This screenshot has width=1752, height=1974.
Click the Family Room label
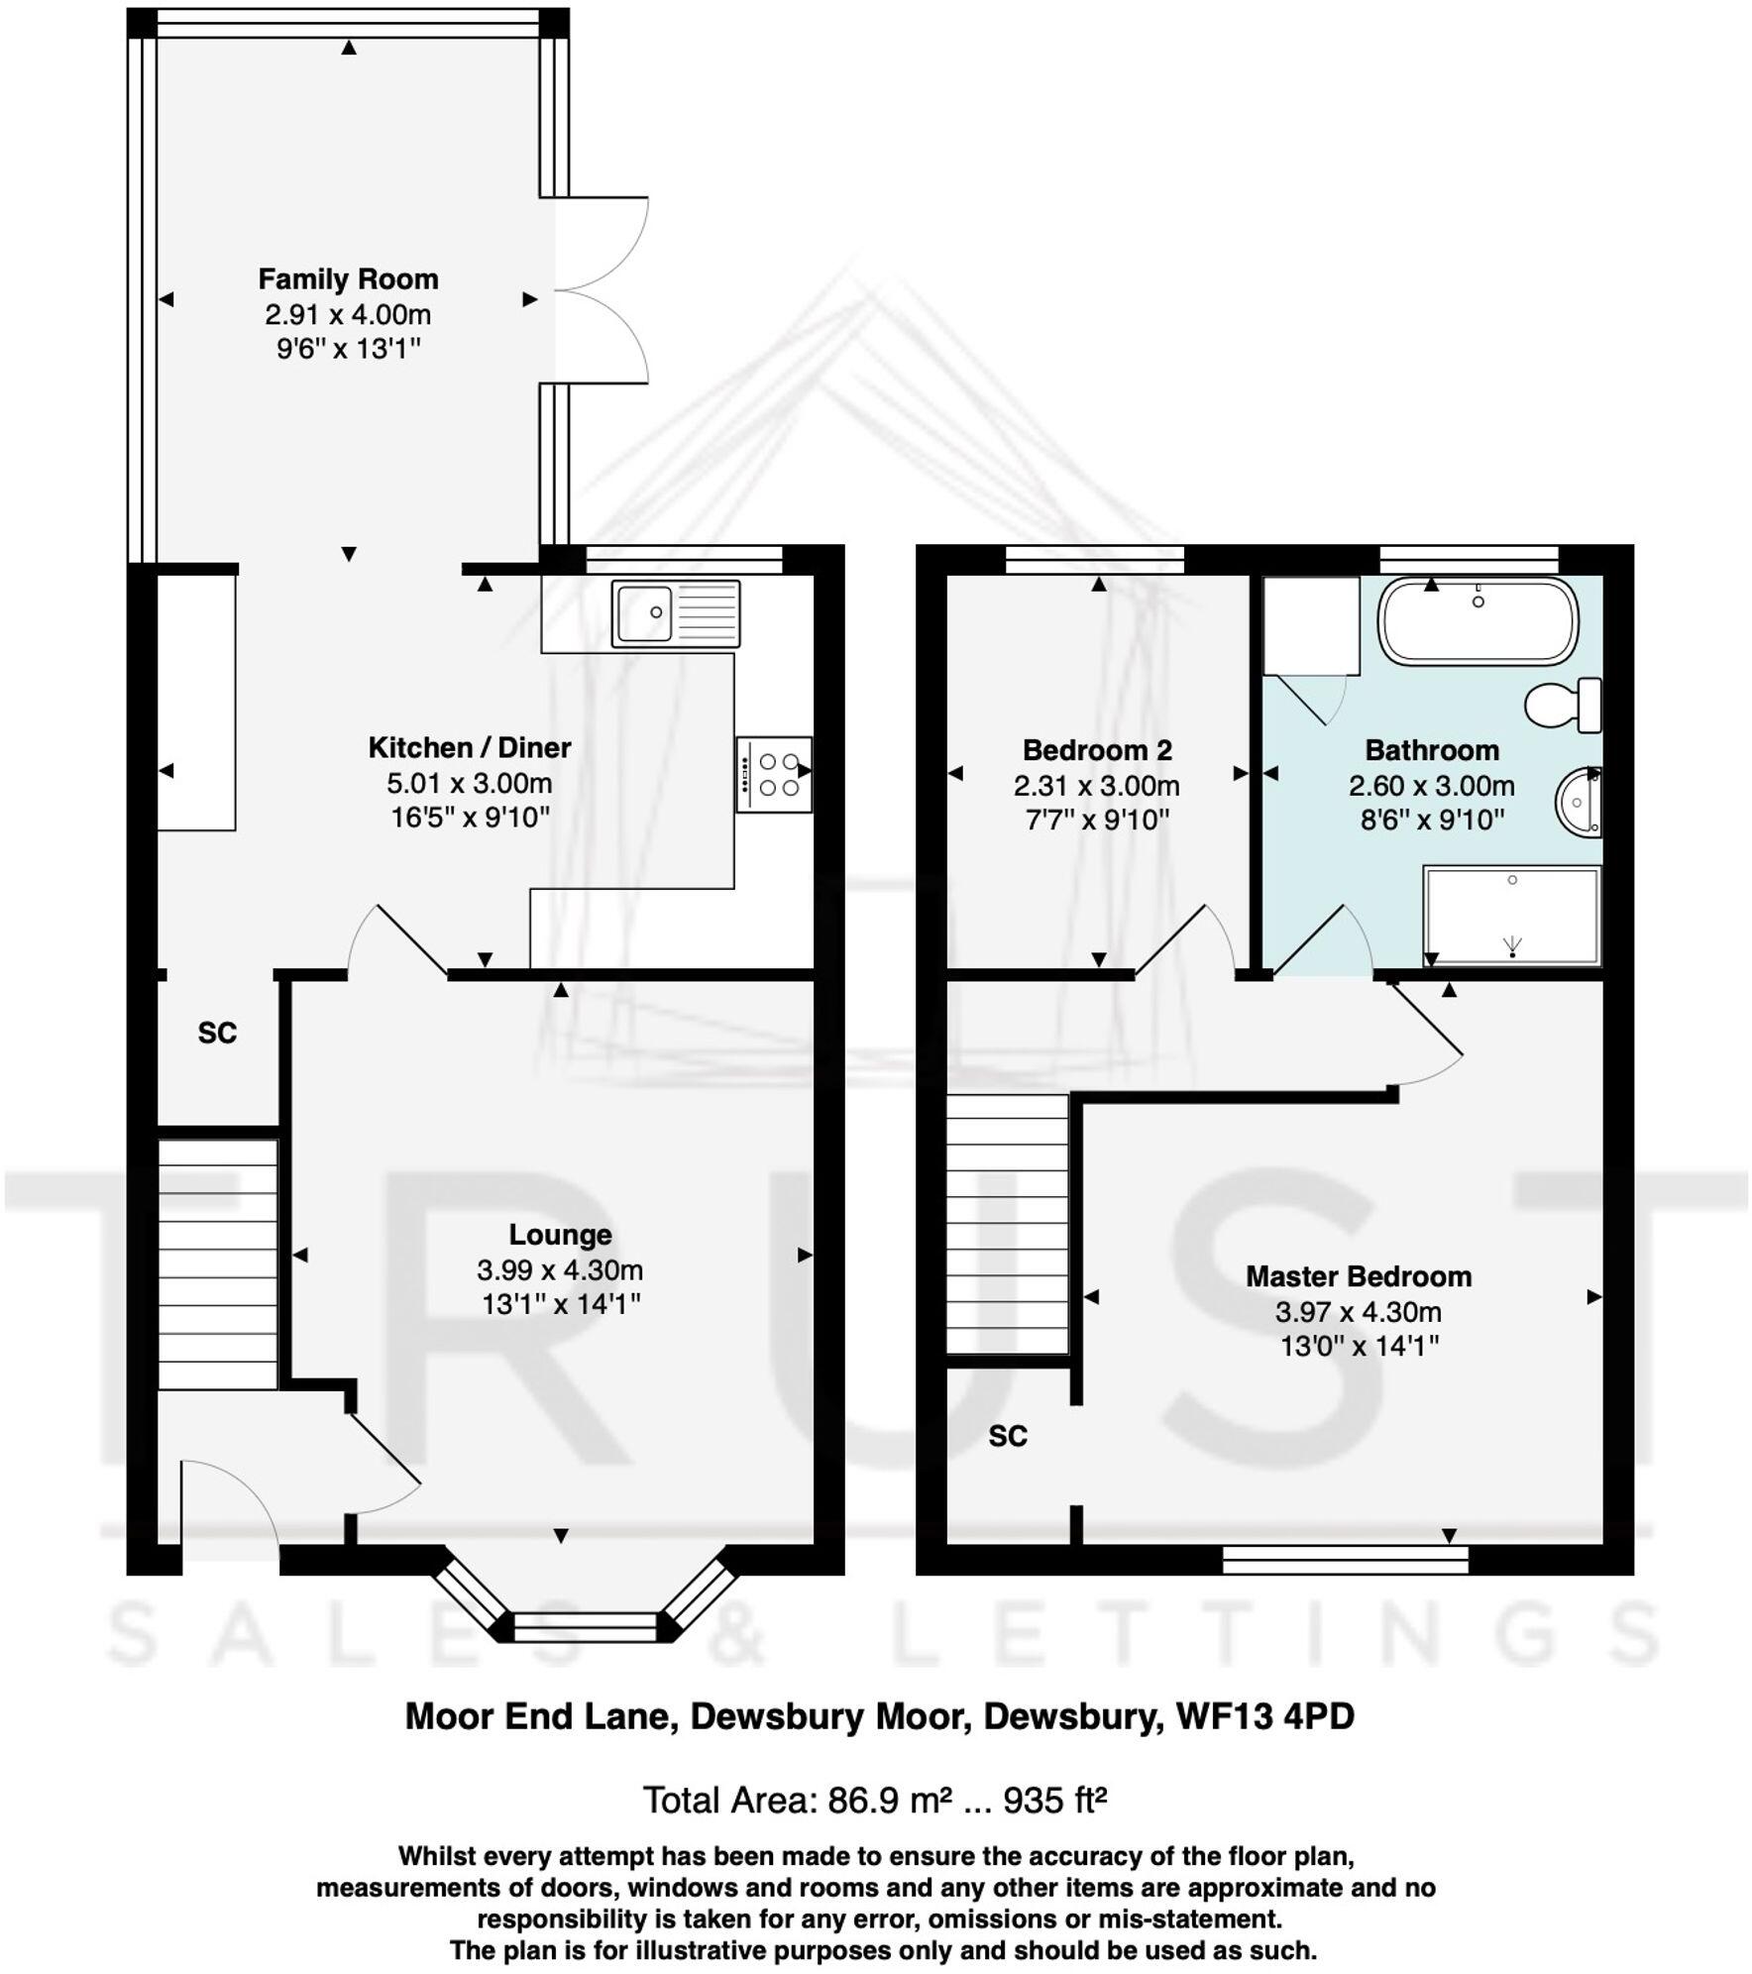coord(348,279)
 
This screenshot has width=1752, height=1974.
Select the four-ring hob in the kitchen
coord(774,775)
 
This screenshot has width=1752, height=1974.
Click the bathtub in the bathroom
coord(1478,621)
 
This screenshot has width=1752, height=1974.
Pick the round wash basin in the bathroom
coord(1578,801)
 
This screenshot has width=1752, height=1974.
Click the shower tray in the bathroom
coord(1511,916)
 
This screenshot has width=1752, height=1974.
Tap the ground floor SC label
coord(217,1034)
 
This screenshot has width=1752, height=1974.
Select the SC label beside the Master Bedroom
coord(1008,1436)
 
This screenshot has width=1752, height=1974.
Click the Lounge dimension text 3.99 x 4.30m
coord(560,1269)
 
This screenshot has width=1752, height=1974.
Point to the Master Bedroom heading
coord(1358,1276)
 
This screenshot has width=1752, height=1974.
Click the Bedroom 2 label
coord(1097,750)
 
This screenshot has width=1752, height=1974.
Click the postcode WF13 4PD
coord(1264,1716)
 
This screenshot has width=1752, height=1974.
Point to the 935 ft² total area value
coord(1054,1800)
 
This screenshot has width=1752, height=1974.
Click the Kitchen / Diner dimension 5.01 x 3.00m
coord(469,783)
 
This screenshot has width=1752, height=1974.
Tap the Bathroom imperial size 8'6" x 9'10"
coord(1432,820)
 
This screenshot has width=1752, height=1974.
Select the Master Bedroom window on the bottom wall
coord(1345,1563)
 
